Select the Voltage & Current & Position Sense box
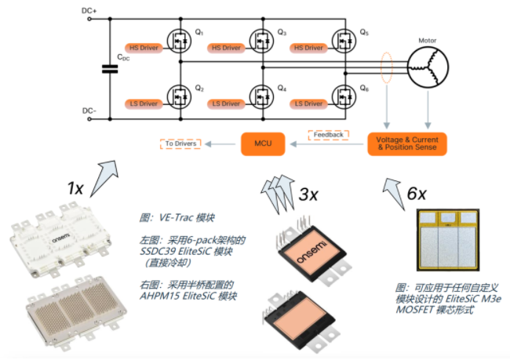point(406,144)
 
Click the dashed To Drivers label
point(180,144)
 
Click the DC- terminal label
point(90,111)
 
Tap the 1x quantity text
point(76,188)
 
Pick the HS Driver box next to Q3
point(227,49)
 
